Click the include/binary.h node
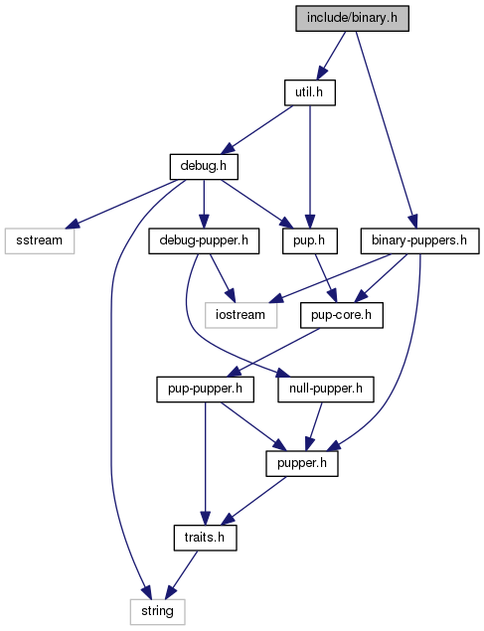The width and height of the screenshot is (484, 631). (x=352, y=18)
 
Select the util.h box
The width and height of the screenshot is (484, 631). (x=309, y=92)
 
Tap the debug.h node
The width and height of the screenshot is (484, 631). (x=204, y=166)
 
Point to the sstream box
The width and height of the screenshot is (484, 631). (x=40, y=240)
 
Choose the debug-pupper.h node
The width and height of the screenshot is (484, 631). (x=204, y=240)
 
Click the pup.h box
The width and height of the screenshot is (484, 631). (x=309, y=240)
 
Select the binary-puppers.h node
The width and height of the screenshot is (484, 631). (x=419, y=240)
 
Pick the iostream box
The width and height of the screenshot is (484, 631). (x=241, y=315)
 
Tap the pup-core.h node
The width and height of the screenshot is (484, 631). (x=342, y=315)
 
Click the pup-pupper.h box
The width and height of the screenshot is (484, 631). (x=205, y=390)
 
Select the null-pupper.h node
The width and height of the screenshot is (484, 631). (x=326, y=390)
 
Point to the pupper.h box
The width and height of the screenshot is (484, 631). (x=302, y=463)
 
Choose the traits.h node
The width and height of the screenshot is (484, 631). (x=205, y=538)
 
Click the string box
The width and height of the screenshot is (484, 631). (x=157, y=612)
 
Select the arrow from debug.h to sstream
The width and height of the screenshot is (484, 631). (x=124, y=204)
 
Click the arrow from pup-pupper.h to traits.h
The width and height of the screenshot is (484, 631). (x=205, y=463)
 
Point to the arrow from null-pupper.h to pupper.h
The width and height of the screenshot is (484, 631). (x=314, y=426)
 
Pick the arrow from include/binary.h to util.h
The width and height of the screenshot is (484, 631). (x=331, y=56)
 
